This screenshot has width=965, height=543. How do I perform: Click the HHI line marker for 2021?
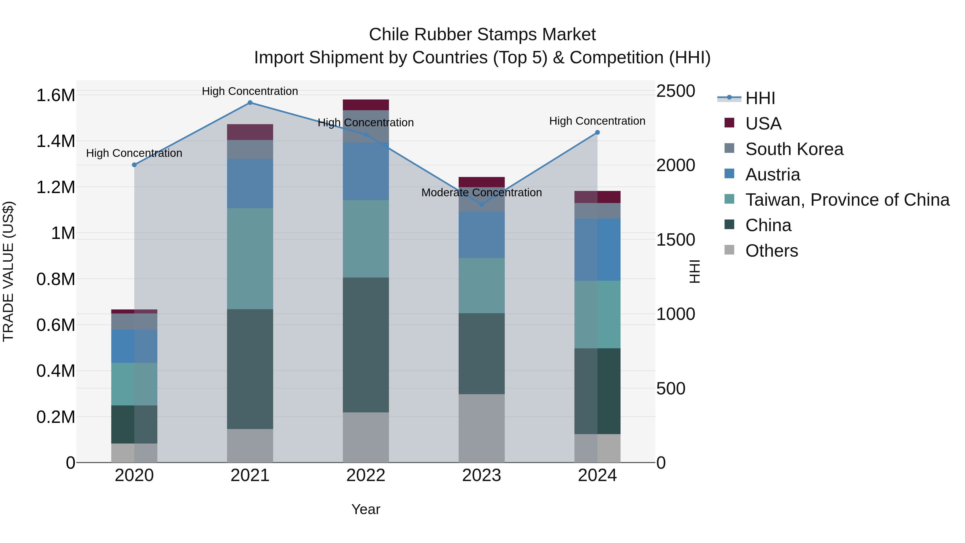coord(250,103)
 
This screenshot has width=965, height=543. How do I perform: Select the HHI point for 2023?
coord(482,204)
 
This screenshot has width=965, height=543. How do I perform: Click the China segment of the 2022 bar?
coord(366,345)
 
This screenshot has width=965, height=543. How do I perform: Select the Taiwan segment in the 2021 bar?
coord(250,258)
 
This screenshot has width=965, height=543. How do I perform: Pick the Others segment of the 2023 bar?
coord(482,428)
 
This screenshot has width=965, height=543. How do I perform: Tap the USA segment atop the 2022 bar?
coord(366,105)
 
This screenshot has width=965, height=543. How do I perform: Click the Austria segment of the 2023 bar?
coord(482,235)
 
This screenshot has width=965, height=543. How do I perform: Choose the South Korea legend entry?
coord(794,149)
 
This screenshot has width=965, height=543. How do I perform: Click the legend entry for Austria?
coord(773,175)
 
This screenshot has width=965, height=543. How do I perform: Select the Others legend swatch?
coord(729,250)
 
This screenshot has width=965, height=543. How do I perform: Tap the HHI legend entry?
coord(760,98)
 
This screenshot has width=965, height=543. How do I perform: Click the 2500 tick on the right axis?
coord(675,91)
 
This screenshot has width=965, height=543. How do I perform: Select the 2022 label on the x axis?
coord(366,475)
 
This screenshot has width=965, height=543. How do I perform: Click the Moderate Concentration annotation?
coord(481,193)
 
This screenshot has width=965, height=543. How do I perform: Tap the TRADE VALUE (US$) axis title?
coord(8,271)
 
